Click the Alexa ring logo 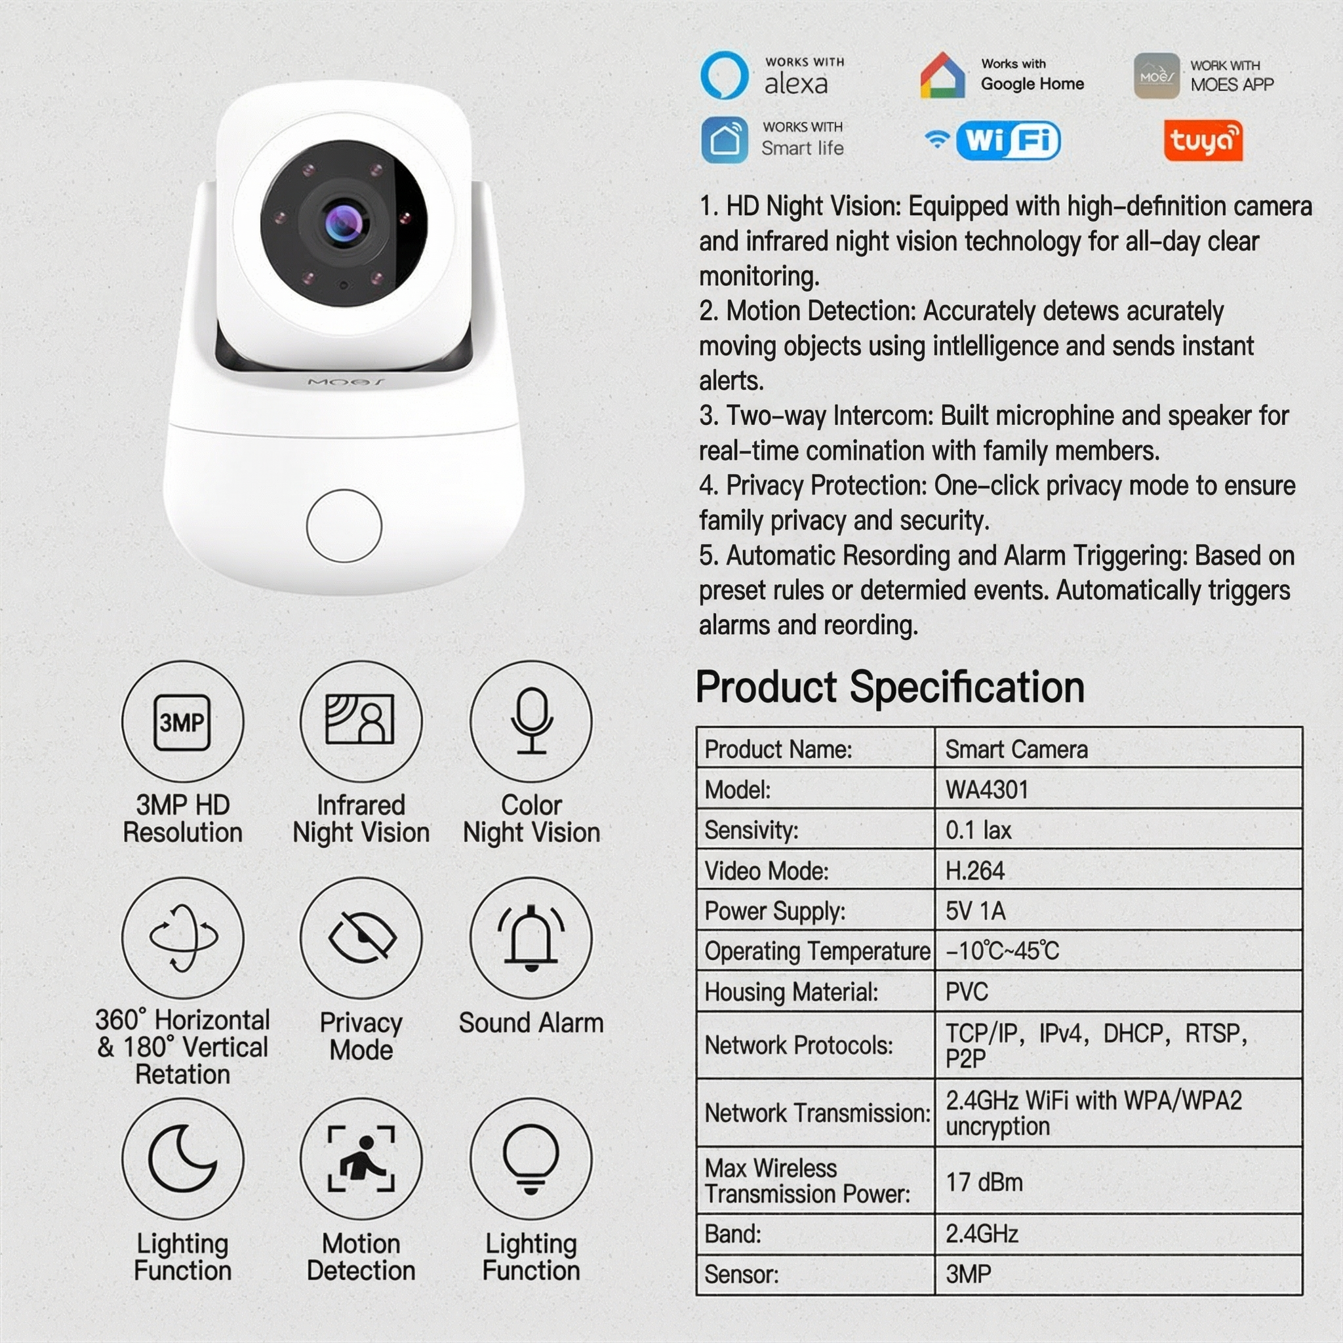point(725,75)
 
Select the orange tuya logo point(1203,140)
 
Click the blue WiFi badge point(1007,140)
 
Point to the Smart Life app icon point(725,140)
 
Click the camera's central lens point(343,222)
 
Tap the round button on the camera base point(344,525)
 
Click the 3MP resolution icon point(182,721)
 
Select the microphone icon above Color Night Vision point(531,721)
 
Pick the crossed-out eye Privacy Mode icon point(361,938)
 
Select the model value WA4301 point(986,790)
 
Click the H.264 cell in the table point(974,870)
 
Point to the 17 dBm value point(984,1182)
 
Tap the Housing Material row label point(791,992)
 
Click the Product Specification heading point(890,687)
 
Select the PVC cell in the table point(966,992)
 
